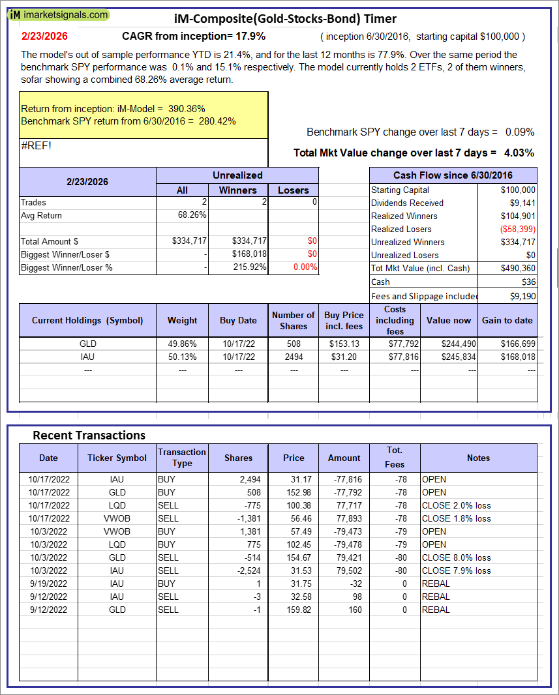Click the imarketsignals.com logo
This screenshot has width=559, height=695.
coord(59,14)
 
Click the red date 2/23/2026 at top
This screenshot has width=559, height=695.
coord(44,36)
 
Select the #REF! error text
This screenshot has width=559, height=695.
coord(36,145)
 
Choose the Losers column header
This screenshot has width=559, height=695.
coord(293,190)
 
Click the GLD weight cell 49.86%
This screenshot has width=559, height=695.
coord(182,344)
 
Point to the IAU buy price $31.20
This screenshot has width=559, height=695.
coord(344,357)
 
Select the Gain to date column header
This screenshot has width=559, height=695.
coord(507,320)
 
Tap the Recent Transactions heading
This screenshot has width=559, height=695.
coord(89,435)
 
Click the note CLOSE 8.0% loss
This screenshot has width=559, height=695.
coord(456,557)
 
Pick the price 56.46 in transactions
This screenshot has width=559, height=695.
coord(294,518)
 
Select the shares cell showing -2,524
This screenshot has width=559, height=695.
coord(239,570)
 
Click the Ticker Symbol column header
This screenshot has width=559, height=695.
coord(117,458)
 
